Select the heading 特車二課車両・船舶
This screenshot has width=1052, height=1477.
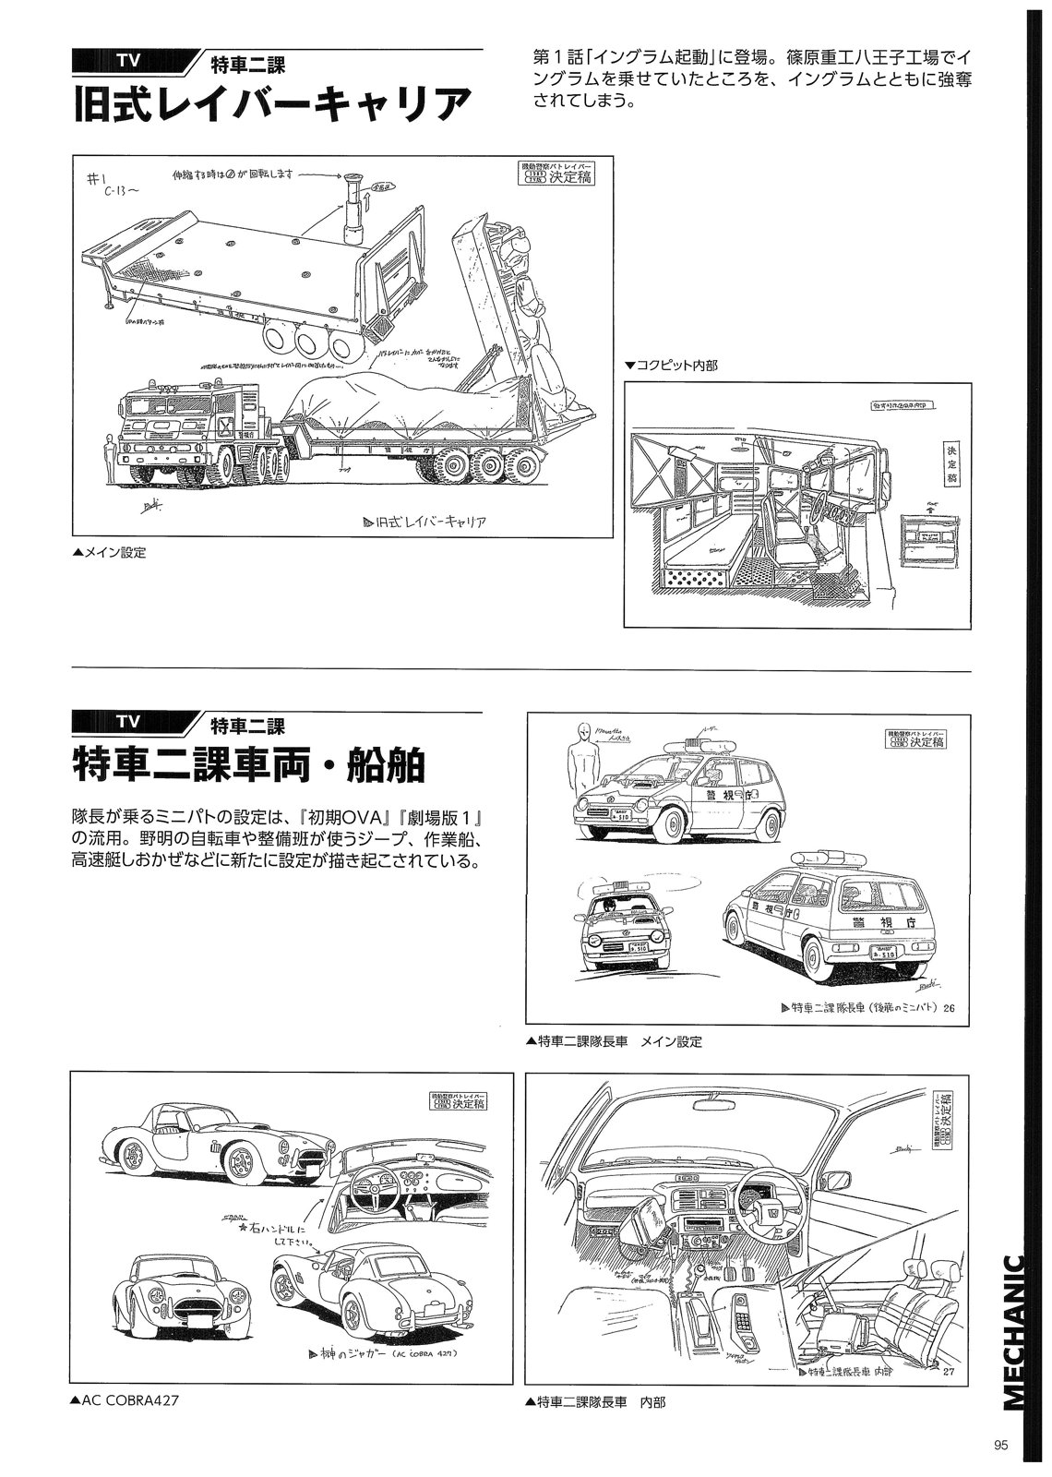(x=249, y=765)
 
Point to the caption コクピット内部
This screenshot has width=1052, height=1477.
(x=671, y=366)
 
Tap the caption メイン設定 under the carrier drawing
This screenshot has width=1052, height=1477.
(x=109, y=554)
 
